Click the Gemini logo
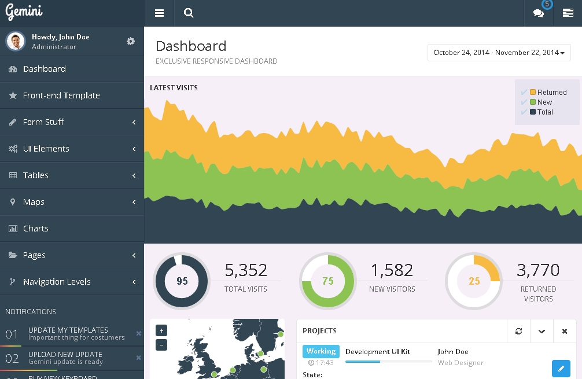click(x=24, y=12)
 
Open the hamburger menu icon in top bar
click(x=160, y=13)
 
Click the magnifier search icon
click(x=189, y=13)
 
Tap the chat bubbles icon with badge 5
click(x=539, y=13)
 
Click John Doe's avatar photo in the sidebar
click(x=16, y=41)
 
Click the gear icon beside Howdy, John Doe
click(x=131, y=41)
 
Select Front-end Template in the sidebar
click(x=61, y=95)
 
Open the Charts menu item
click(x=36, y=229)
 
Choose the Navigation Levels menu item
click(x=57, y=282)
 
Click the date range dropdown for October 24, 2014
click(x=499, y=53)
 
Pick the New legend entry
click(x=544, y=102)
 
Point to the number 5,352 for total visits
click(x=246, y=270)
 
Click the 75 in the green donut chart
click(x=328, y=281)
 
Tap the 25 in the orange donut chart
click(x=474, y=281)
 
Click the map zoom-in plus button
click(x=161, y=330)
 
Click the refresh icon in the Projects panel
click(x=518, y=331)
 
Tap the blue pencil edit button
click(x=561, y=368)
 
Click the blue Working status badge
click(x=321, y=351)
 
